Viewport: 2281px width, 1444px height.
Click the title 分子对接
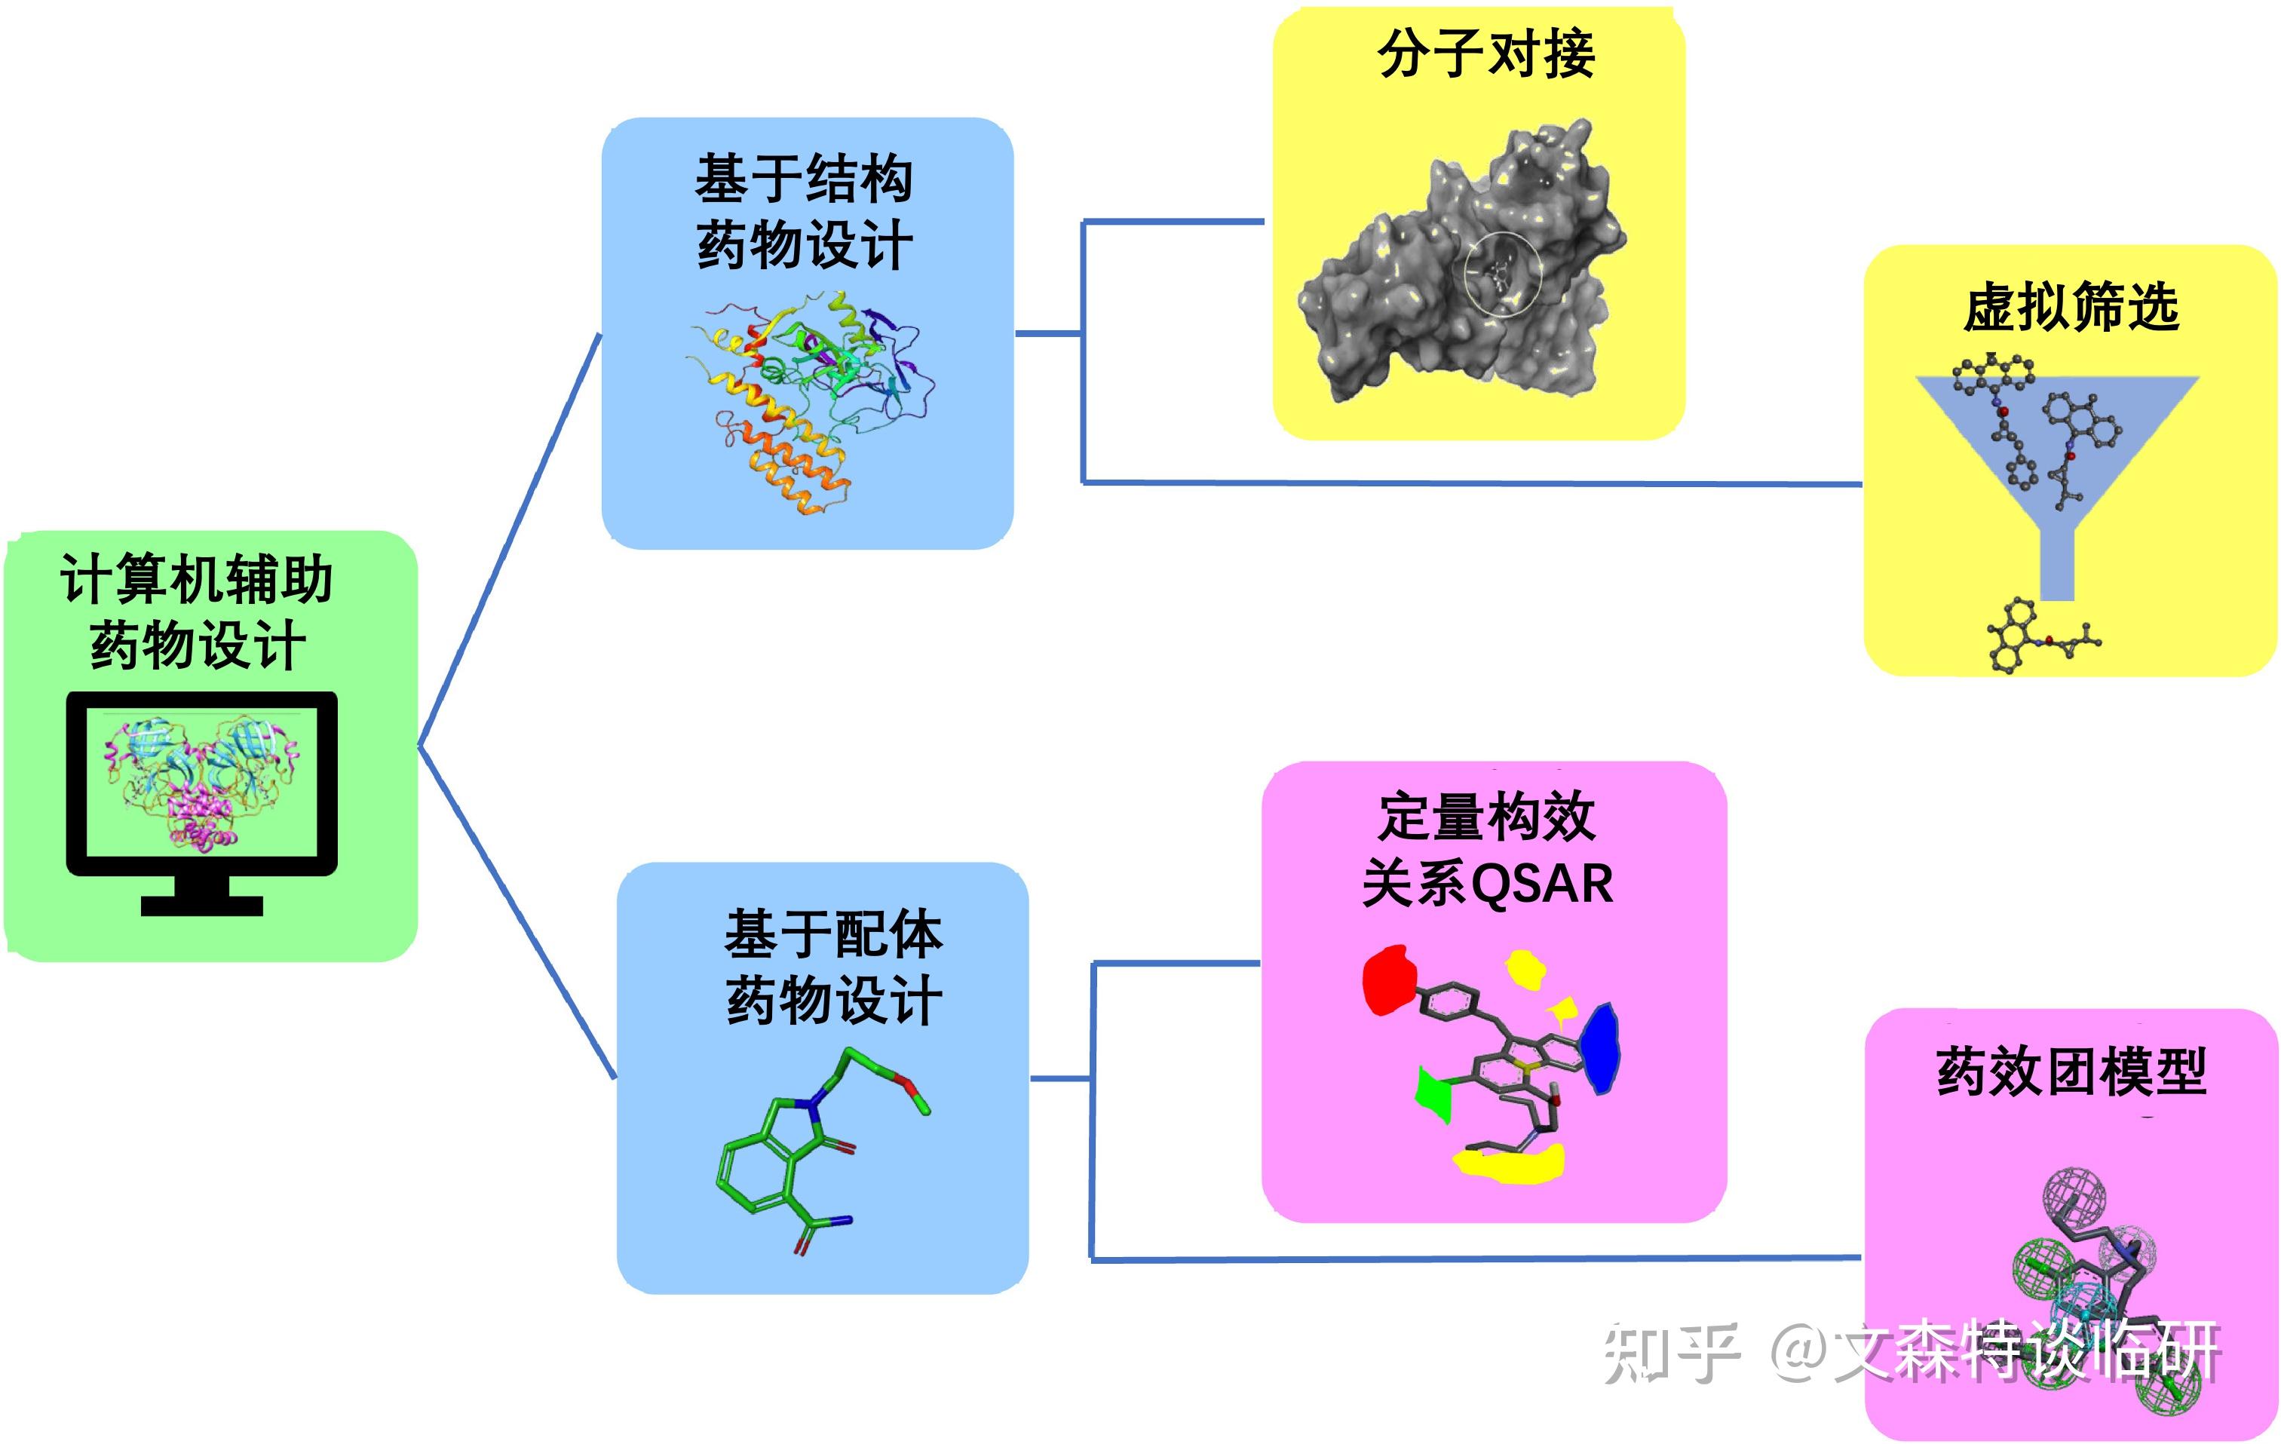pyautogui.click(x=1485, y=54)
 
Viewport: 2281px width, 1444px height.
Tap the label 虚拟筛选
pyautogui.click(x=2071, y=308)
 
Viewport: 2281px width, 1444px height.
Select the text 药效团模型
pyautogui.click(x=2071, y=1072)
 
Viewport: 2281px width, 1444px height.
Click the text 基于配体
pyautogui.click(x=833, y=934)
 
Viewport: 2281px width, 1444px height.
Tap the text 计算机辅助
pyautogui.click(x=196, y=579)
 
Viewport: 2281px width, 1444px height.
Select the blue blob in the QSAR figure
pyautogui.click(x=1600, y=1048)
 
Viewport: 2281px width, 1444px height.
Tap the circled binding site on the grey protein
pyautogui.click(x=1502, y=274)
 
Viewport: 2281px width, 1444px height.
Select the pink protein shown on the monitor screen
pyautogui.click(x=201, y=815)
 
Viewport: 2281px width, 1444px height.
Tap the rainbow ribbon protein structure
pyautogui.click(x=805, y=398)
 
